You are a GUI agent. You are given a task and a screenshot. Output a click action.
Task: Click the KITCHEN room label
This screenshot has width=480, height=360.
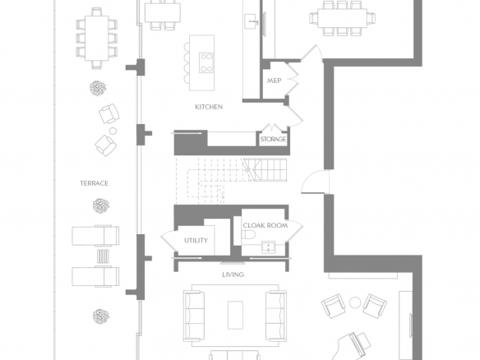[209, 107]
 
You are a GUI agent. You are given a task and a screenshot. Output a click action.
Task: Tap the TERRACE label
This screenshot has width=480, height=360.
[94, 183]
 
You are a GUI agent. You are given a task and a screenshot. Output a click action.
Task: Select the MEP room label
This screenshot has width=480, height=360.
[274, 81]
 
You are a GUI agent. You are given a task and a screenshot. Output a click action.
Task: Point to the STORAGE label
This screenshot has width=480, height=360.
[273, 139]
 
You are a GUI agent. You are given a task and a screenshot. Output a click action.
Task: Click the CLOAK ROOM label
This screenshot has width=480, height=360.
[265, 225]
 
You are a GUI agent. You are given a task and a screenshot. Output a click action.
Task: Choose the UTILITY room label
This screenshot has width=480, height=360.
[196, 241]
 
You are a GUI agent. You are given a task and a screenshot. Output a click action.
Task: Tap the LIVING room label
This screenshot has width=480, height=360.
[233, 275]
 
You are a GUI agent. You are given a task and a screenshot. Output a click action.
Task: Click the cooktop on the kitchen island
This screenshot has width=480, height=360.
[206, 62]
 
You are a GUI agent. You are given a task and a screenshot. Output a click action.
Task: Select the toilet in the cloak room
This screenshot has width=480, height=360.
[248, 235]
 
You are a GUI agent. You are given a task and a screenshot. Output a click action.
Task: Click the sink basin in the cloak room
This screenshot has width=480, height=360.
[269, 247]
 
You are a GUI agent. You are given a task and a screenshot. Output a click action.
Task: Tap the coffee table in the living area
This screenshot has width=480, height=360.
[235, 315]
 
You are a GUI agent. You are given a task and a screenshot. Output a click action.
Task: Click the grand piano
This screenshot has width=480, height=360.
[355, 347]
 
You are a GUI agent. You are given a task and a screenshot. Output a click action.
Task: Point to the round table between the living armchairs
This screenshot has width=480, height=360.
[355, 302]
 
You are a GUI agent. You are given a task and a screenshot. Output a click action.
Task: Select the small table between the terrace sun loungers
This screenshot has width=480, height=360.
[103, 256]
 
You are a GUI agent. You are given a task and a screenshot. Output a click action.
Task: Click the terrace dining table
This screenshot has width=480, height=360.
[97, 39]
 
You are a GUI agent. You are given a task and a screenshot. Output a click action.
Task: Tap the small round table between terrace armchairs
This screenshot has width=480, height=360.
[113, 131]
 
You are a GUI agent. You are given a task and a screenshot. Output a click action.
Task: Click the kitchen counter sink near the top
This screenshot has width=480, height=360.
[252, 21]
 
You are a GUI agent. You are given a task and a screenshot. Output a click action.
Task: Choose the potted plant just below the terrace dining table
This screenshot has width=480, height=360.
[98, 88]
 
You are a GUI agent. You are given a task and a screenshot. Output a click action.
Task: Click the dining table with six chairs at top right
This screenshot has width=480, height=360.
[342, 18]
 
